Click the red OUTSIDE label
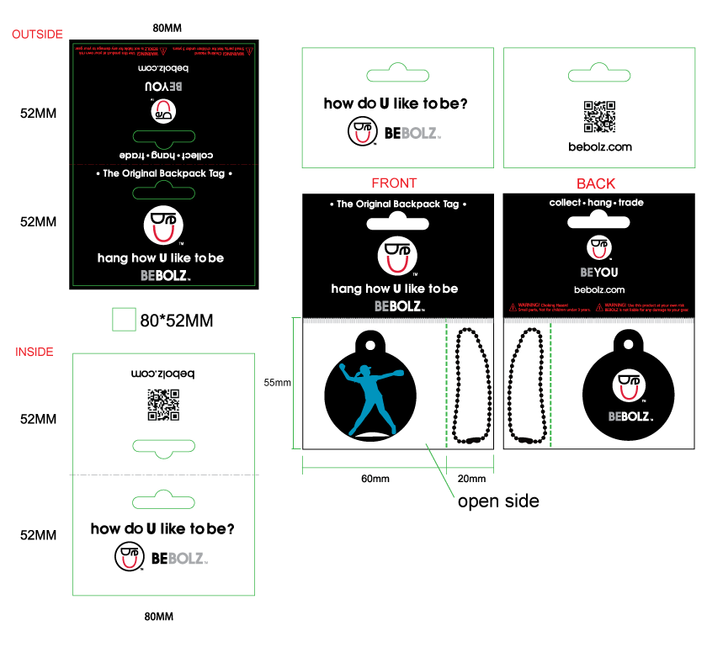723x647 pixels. (37, 34)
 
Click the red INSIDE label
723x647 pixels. (34, 352)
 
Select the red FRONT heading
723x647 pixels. (394, 183)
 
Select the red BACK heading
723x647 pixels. (595, 183)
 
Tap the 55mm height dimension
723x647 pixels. (277, 383)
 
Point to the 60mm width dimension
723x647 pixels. (375, 479)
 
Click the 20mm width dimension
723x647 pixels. (471, 479)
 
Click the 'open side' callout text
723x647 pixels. (498, 501)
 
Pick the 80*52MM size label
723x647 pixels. (176, 321)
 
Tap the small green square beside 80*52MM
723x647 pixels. (124, 320)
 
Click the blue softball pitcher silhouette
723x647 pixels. (370, 396)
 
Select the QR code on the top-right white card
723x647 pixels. (599, 117)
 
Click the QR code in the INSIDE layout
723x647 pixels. (163, 404)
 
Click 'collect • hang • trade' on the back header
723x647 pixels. (597, 203)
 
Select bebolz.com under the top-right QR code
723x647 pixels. (599, 147)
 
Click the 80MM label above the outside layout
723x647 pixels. (167, 28)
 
